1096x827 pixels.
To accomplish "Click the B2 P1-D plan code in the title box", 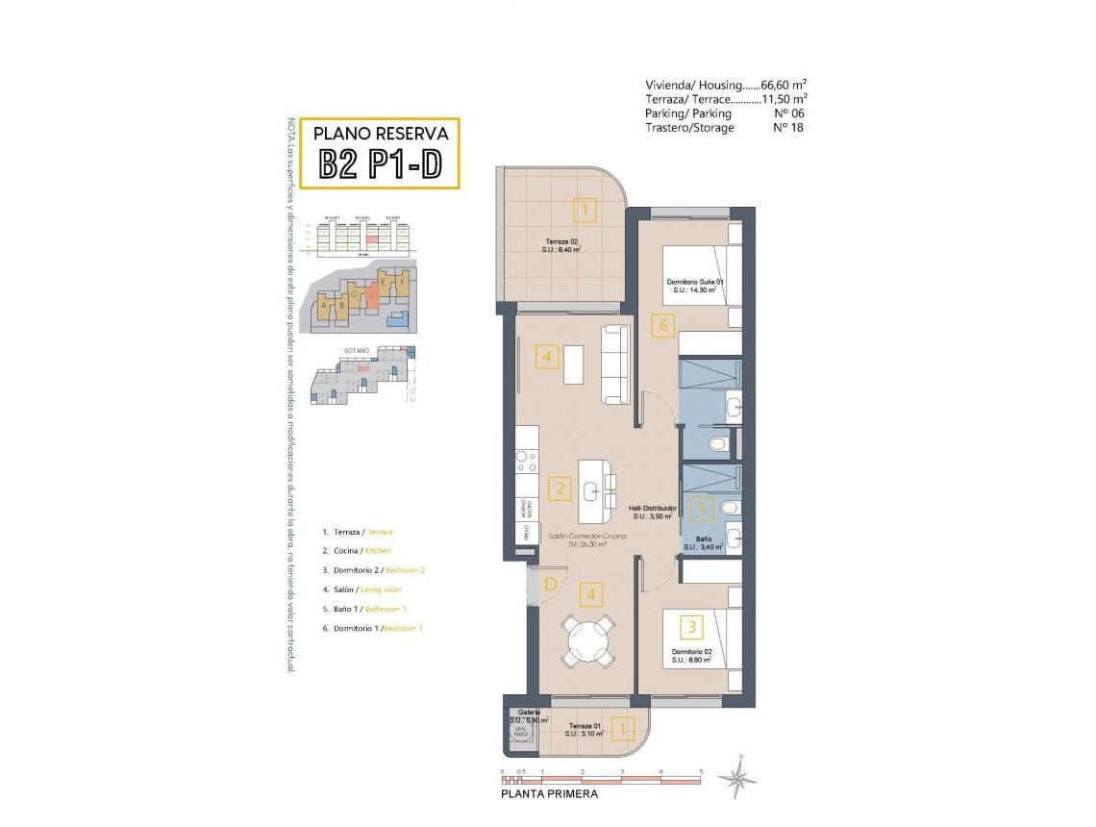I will click(380, 164).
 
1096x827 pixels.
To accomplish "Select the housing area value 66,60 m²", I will click(777, 85).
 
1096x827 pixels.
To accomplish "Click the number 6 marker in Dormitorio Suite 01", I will click(661, 326).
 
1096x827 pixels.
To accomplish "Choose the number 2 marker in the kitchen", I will click(559, 488).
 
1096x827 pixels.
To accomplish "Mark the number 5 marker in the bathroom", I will click(702, 509).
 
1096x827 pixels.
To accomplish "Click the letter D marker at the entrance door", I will click(551, 584).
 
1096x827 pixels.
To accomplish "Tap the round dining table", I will click(586, 640).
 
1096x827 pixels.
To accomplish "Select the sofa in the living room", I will click(614, 365).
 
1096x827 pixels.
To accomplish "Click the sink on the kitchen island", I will click(591, 490).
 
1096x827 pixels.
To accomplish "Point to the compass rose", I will click(738, 775).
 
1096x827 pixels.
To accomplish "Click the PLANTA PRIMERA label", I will click(550, 794).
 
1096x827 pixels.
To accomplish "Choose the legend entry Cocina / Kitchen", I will click(357, 551).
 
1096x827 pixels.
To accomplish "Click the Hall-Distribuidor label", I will click(653, 508).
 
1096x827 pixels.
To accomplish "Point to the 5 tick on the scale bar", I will click(702, 773).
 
